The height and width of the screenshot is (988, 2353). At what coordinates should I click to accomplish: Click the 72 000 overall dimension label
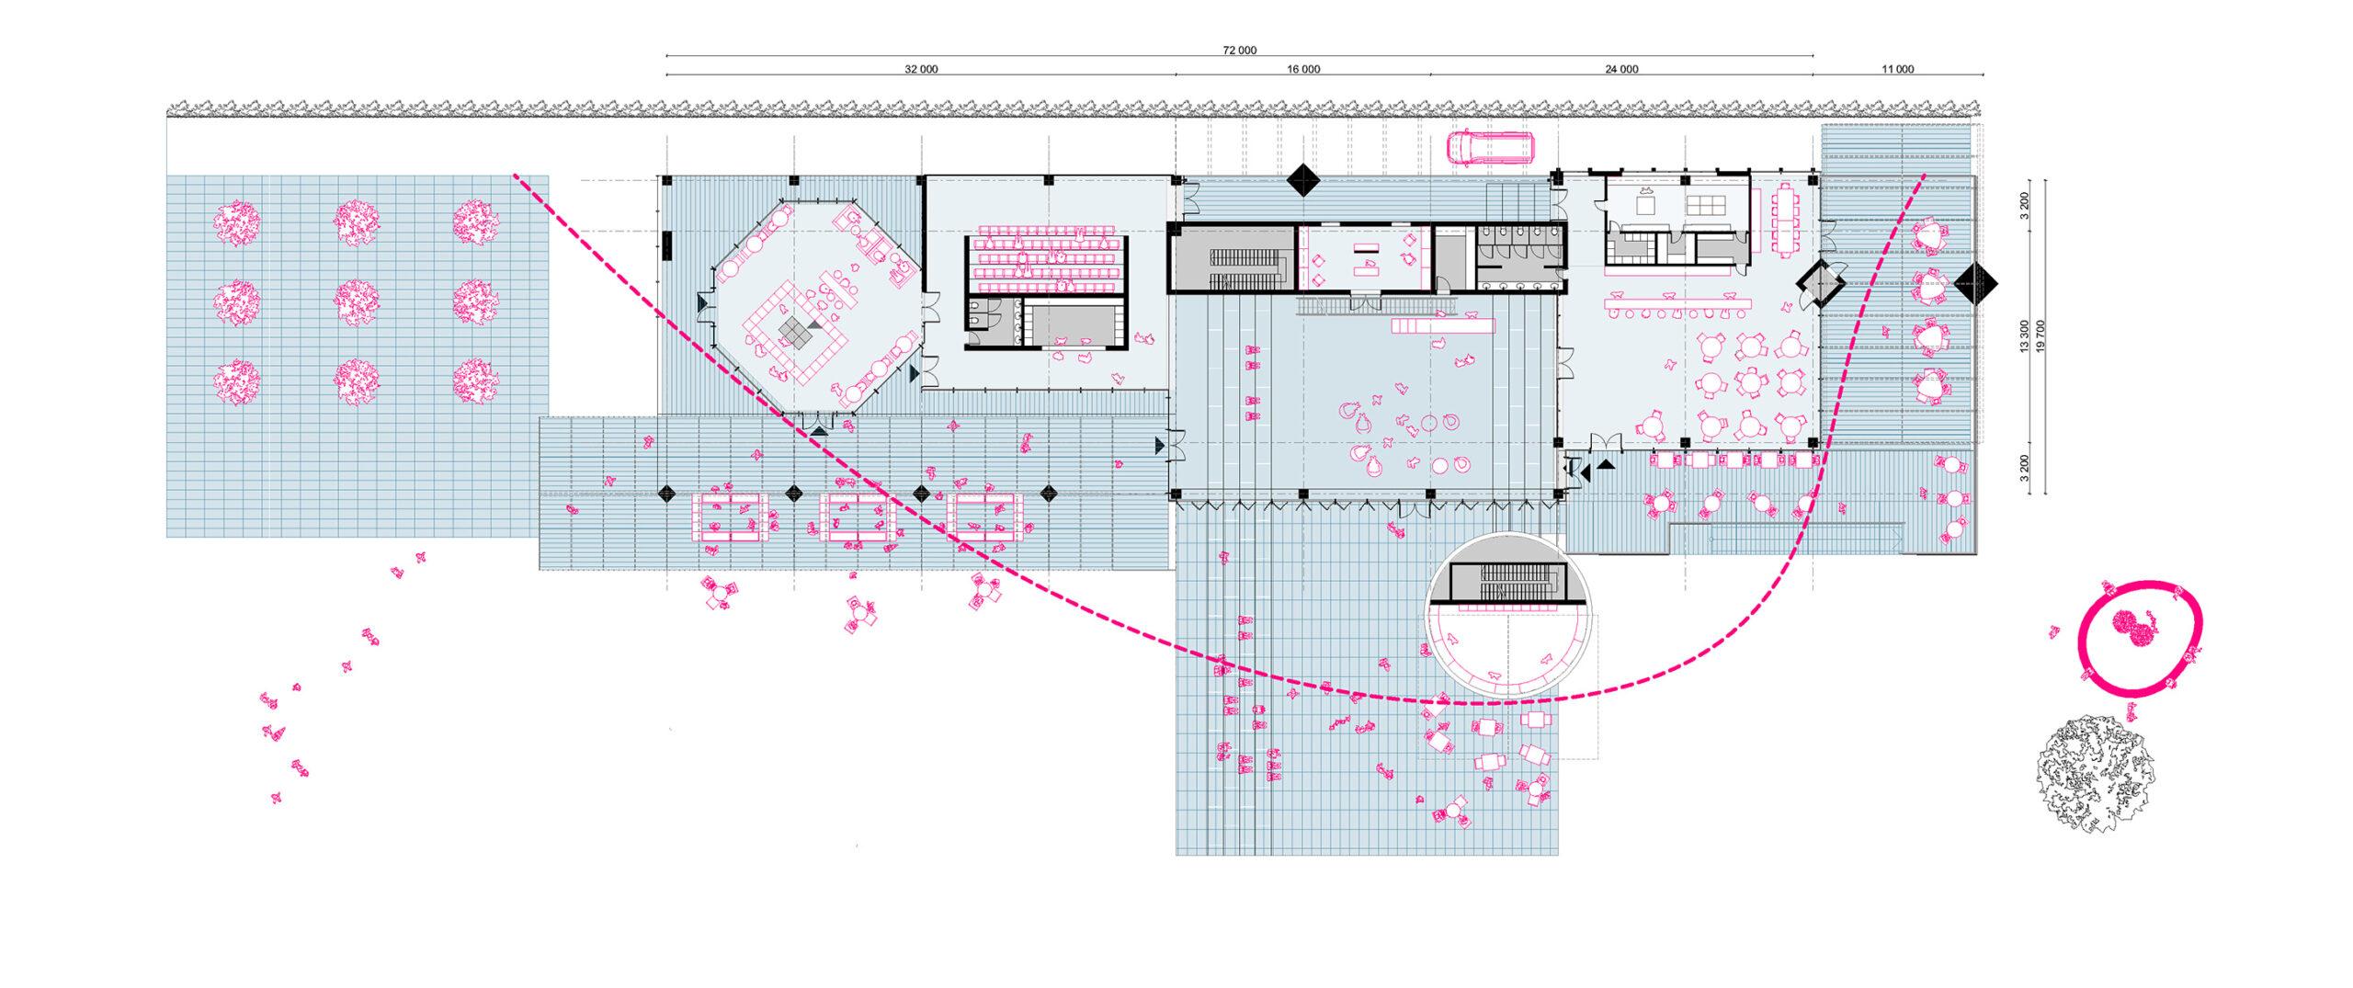(1240, 51)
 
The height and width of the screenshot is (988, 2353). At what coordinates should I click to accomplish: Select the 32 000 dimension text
(921, 69)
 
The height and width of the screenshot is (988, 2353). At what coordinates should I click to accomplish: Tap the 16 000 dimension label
(1303, 69)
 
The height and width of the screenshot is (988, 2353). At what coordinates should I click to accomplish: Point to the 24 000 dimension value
(1621, 69)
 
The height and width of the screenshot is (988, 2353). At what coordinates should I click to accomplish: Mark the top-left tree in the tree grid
(237, 223)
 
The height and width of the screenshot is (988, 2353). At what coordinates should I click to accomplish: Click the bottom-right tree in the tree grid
(475, 379)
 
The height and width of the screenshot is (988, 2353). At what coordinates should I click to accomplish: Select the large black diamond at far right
(1976, 284)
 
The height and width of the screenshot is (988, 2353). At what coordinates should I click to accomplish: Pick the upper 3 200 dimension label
(2024, 205)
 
